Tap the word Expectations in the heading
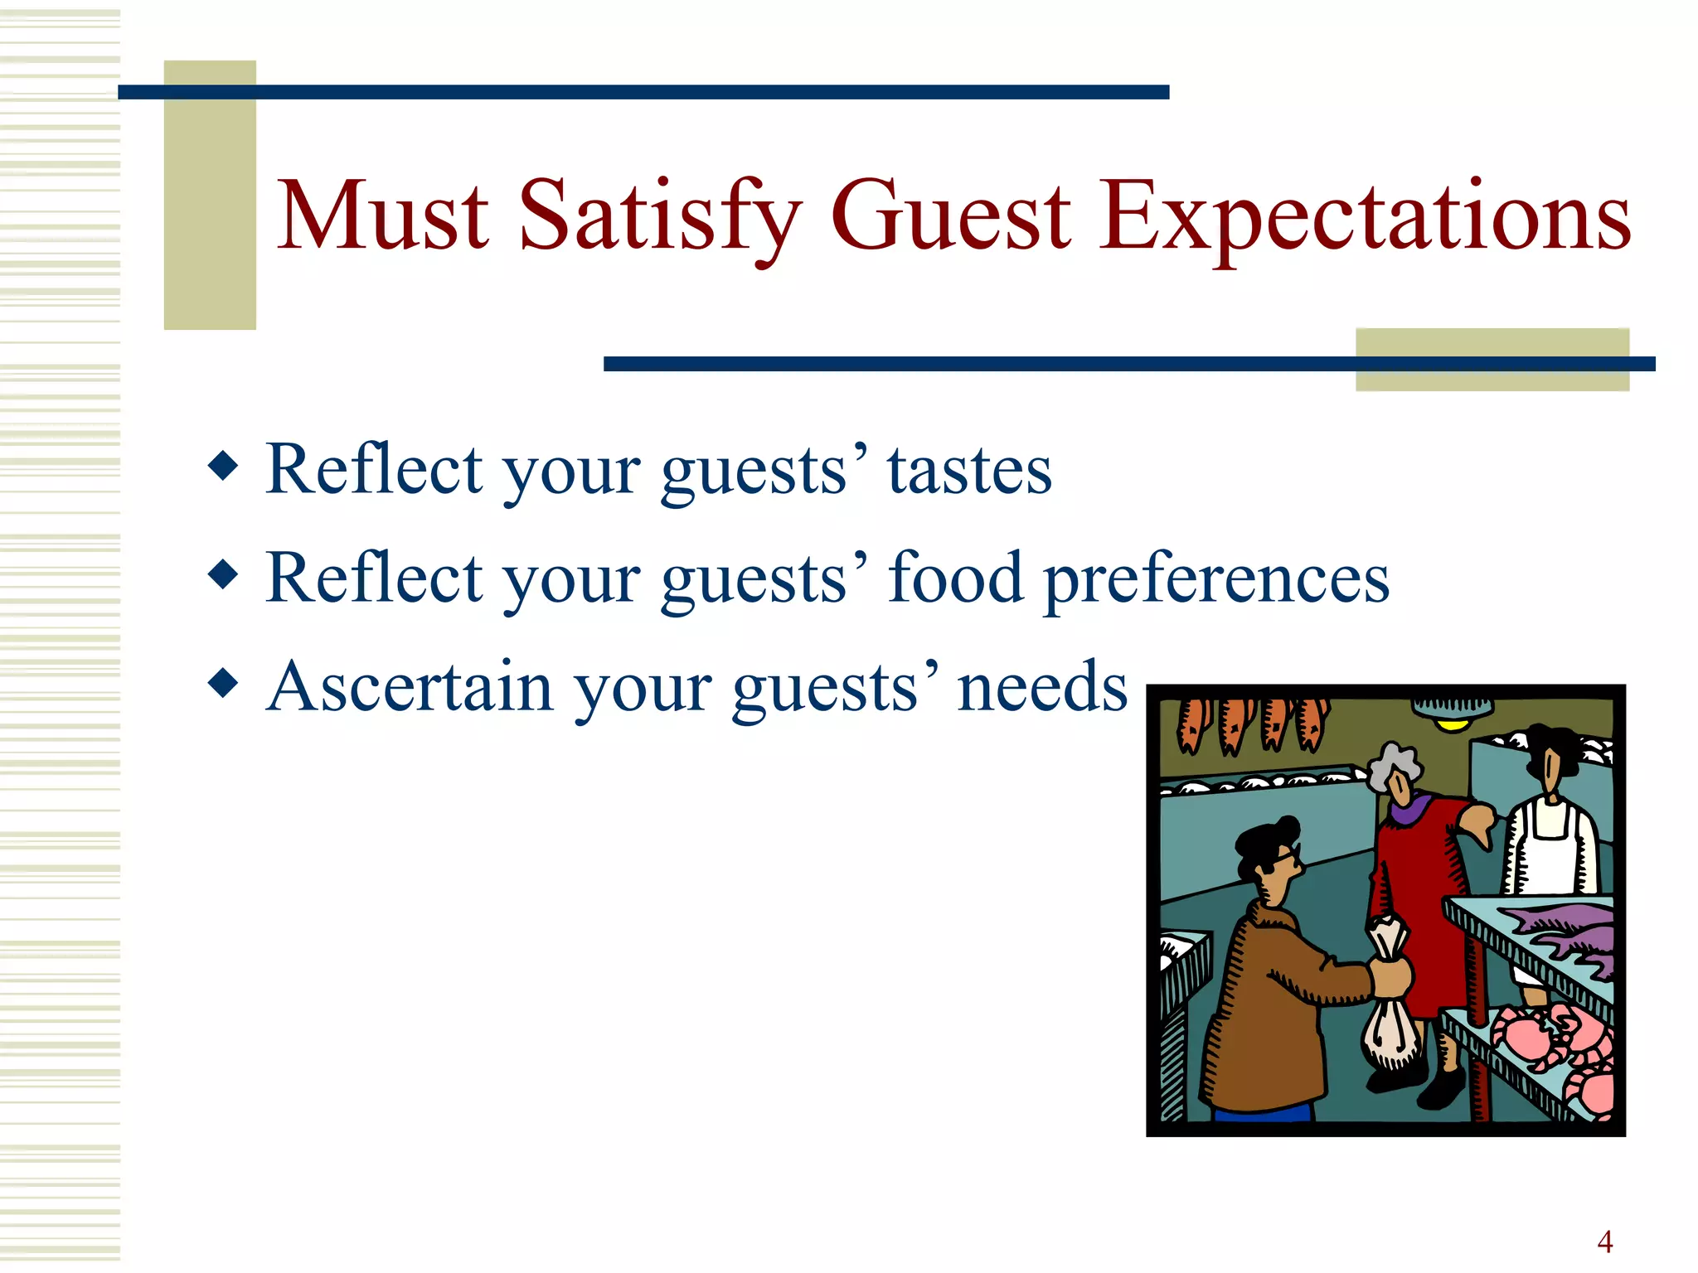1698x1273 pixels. pos(1365,217)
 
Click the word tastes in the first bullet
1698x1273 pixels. pos(969,470)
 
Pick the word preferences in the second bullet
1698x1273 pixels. pos(1216,579)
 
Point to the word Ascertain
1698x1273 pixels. pos(409,687)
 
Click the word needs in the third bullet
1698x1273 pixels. pos(1042,687)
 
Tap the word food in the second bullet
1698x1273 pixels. pos(955,578)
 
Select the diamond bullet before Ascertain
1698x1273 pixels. pos(223,684)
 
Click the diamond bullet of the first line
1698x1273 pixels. pos(223,466)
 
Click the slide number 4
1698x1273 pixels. pos(1604,1242)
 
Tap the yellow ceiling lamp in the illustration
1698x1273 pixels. pos(1452,724)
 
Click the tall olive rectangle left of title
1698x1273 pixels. pos(210,196)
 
